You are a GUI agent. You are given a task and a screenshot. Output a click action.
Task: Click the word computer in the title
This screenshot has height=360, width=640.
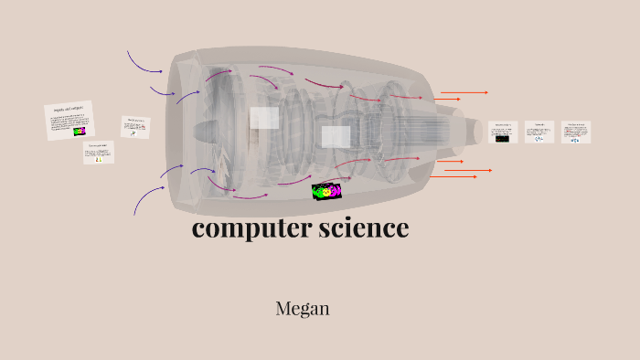(x=239, y=228)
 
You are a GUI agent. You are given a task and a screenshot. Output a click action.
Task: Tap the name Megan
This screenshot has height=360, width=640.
(x=302, y=309)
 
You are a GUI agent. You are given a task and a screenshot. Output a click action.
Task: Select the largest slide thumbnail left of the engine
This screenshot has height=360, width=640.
(x=69, y=120)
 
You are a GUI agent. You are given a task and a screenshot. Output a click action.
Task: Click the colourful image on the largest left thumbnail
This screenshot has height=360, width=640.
(x=80, y=132)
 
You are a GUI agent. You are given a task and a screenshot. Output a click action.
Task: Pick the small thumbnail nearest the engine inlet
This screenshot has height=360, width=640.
(x=135, y=127)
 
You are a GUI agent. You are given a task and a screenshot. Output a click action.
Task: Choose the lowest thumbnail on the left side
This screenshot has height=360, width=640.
(x=99, y=152)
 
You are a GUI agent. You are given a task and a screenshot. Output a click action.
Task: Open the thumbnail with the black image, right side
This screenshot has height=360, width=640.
(x=503, y=132)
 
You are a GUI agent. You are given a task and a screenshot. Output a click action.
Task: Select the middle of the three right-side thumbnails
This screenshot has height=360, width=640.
(x=539, y=132)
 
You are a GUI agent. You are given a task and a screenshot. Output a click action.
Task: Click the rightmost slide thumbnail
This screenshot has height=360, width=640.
(x=576, y=132)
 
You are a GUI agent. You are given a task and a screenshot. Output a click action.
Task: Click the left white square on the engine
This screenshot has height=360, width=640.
(x=264, y=118)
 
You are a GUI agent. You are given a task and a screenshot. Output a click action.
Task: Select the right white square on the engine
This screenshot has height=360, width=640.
(x=336, y=137)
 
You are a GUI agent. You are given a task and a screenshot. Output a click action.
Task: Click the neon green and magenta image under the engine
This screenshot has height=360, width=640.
(x=325, y=191)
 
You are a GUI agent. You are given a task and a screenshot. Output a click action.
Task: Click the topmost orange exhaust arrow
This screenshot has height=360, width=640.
(x=464, y=92)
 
